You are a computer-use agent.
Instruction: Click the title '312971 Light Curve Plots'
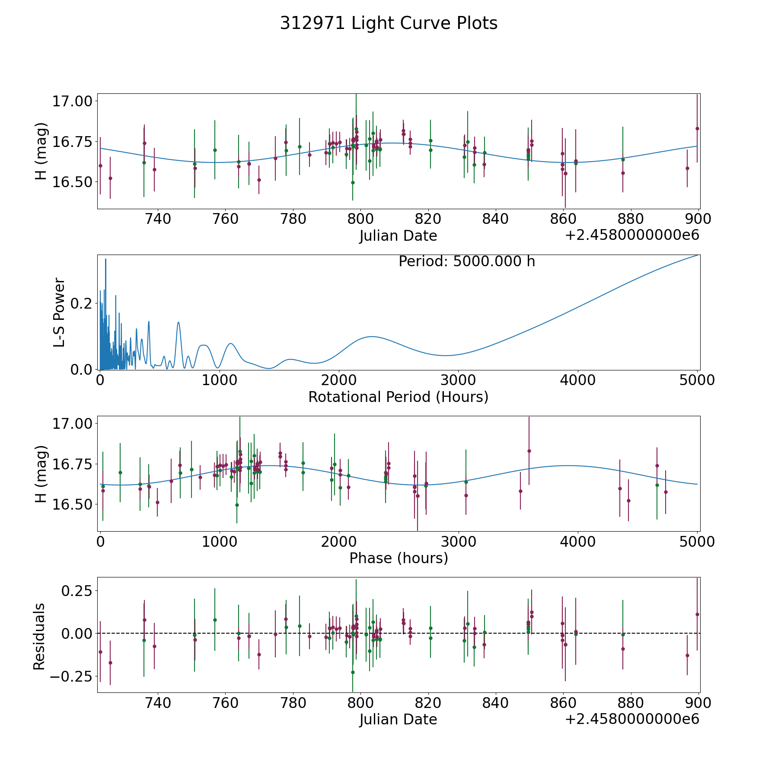pos(389,23)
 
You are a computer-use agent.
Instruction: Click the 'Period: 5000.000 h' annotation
pos(467,261)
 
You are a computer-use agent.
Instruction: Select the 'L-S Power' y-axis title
pos(60,312)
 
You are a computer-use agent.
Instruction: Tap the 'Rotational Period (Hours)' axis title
pos(398,397)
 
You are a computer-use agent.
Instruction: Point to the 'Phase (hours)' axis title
pos(399,558)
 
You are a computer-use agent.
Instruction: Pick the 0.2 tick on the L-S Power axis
pos(81,303)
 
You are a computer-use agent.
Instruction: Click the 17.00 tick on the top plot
pos(72,102)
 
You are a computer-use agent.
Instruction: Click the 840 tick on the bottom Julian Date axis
pos(495,703)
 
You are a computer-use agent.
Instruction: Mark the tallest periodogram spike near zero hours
pos(105,259)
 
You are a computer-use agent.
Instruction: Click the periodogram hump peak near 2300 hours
pos(372,336)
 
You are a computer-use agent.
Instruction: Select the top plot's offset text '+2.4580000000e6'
pos(632,236)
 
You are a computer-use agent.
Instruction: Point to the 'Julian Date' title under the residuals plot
pos(398,720)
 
